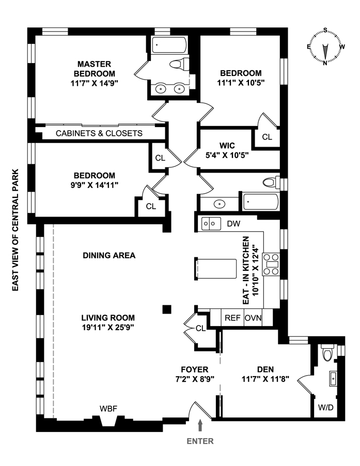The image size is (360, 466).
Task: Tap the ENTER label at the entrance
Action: point(200,441)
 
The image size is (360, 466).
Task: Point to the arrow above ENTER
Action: point(200,425)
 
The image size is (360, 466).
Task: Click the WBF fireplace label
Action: point(108,408)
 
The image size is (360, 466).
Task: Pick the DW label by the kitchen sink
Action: point(233,223)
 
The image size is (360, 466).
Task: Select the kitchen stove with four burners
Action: point(271,264)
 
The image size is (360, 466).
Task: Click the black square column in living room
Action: point(166,309)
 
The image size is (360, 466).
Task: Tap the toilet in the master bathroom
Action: point(179,65)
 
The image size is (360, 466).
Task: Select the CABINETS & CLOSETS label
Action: point(99,133)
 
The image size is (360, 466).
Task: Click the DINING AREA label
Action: point(109,255)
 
